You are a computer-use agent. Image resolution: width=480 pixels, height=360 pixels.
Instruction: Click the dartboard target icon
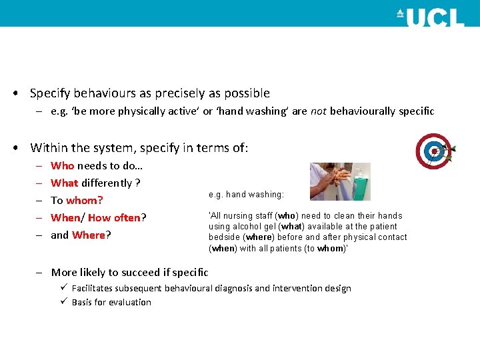(434, 151)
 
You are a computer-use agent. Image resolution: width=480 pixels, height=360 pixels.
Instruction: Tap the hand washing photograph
(340, 181)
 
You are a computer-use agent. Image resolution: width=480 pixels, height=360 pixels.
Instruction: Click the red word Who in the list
(63, 165)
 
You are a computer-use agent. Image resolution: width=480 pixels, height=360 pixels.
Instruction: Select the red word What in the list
(65, 183)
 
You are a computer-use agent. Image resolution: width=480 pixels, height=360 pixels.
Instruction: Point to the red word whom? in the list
(84, 200)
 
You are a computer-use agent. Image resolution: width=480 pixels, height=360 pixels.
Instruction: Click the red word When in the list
(65, 217)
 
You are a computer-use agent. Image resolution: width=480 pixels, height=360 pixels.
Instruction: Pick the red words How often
(114, 217)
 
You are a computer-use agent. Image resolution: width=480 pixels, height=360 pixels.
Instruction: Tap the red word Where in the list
(89, 235)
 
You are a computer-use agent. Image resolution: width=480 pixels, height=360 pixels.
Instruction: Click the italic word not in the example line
(318, 111)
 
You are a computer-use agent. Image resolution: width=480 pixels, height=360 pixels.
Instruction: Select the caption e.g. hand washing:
(246, 195)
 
